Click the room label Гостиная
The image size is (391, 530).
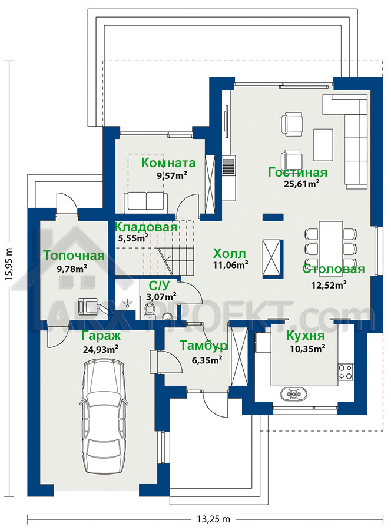point(298,173)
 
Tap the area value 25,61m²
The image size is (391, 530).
point(301,184)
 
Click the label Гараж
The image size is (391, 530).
point(101,336)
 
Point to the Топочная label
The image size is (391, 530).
point(74,256)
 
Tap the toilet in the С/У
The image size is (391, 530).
point(149,310)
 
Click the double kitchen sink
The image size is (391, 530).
point(294,393)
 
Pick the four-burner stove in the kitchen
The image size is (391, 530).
point(346,372)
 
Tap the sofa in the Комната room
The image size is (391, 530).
point(145,203)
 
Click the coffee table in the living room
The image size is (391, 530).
point(323,145)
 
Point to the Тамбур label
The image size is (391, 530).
point(203,346)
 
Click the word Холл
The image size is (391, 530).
point(230,253)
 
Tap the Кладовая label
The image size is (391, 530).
point(145,227)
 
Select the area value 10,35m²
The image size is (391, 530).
point(308,348)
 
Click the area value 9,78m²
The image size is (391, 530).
point(72,269)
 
